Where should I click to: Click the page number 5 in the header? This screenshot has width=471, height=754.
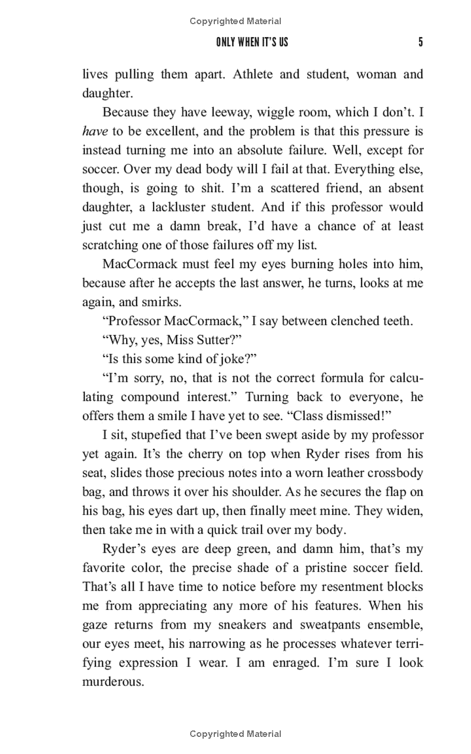coord(420,42)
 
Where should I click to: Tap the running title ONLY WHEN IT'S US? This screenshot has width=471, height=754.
coord(252,42)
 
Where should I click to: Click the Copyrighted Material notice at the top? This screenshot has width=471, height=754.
coord(235,21)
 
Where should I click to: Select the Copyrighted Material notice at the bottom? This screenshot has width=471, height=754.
coord(235,734)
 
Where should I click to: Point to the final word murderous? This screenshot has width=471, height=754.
coord(112,682)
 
